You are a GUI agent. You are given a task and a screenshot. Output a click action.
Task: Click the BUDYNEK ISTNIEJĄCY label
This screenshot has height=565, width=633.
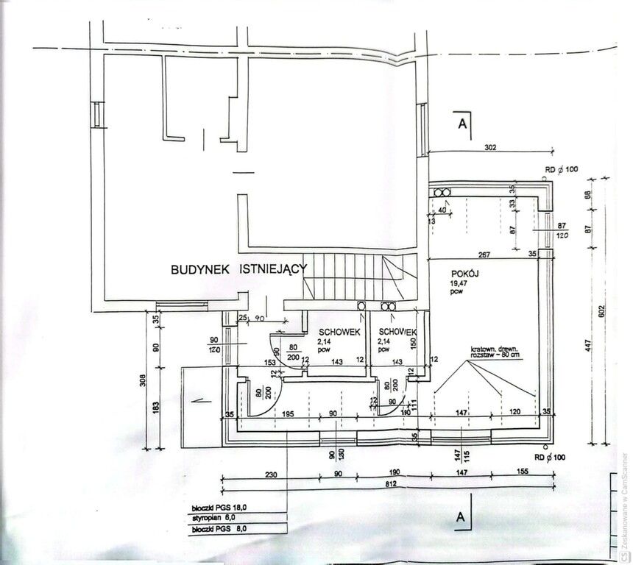(x=238, y=270)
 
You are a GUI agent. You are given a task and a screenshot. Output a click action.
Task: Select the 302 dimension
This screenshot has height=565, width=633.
(x=492, y=147)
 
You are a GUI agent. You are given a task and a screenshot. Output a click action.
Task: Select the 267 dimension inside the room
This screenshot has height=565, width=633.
(x=484, y=255)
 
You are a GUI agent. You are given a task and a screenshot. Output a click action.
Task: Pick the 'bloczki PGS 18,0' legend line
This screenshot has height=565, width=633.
(x=218, y=508)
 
